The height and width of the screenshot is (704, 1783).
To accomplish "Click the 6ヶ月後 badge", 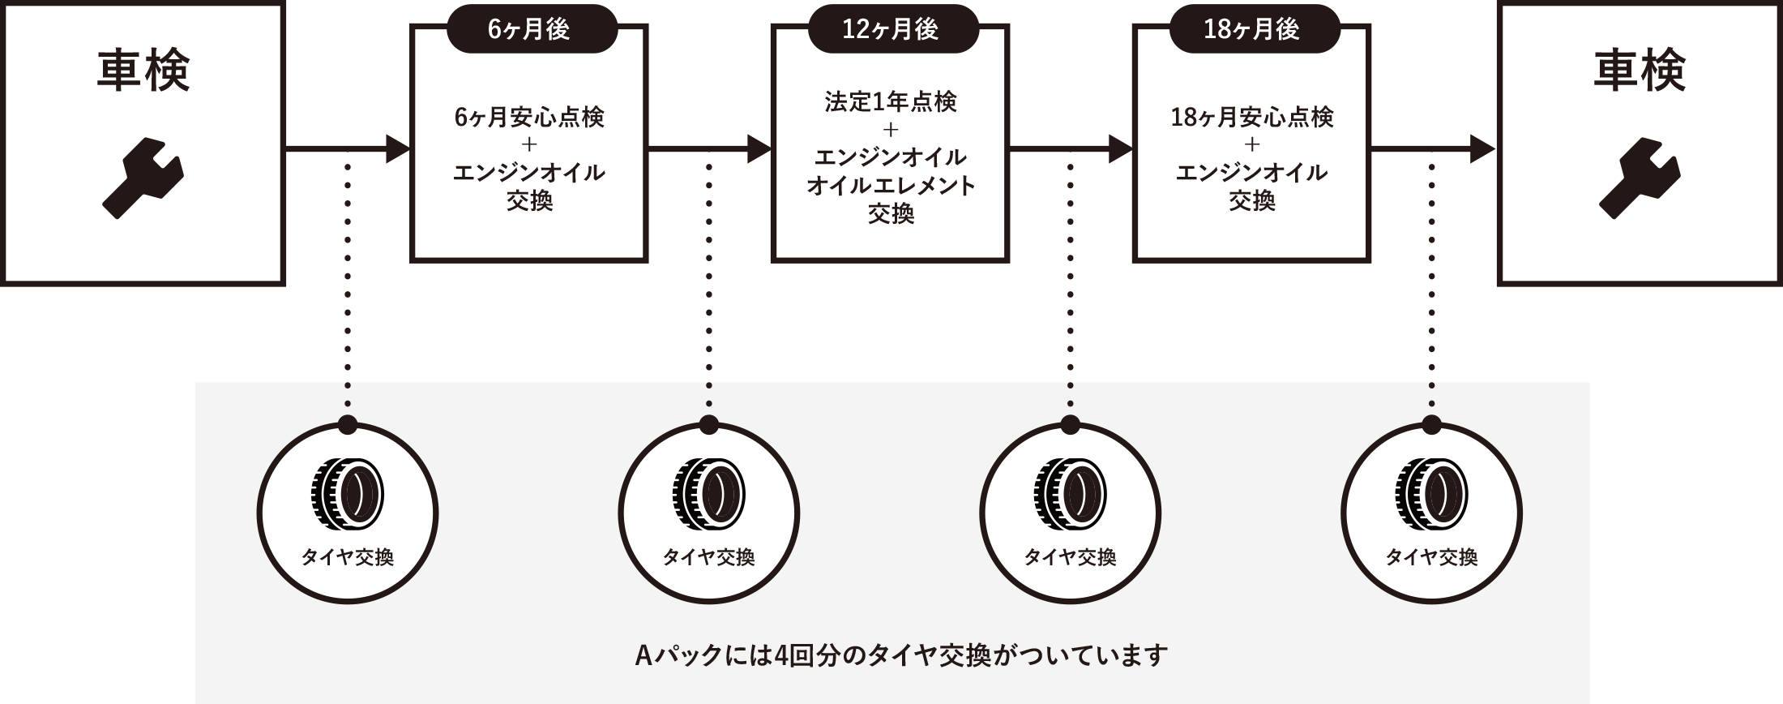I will [x=531, y=30].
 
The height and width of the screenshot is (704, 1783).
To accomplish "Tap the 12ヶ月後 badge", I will [x=891, y=30].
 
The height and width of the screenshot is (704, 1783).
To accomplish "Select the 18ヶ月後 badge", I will [x=1253, y=30].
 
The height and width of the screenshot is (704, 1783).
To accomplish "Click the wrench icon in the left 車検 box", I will [x=143, y=178].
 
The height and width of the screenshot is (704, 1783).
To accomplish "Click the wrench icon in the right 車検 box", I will [x=1639, y=178].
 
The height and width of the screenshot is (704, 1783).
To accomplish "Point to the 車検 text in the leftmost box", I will [x=143, y=72].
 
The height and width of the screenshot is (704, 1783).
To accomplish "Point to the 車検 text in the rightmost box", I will [x=1639, y=72].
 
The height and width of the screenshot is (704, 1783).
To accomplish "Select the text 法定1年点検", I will [x=891, y=102].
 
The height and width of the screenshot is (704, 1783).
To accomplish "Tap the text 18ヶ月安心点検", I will [x=1252, y=118].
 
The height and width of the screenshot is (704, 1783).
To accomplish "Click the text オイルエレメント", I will [x=891, y=186].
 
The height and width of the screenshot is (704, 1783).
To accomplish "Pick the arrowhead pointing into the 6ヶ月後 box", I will [x=398, y=148].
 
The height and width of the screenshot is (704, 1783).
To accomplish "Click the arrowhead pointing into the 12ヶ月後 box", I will [x=759, y=148].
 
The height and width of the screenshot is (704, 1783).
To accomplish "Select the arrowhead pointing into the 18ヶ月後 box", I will [x=1121, y=148].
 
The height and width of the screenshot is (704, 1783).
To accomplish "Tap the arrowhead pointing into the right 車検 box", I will [x=1482, y=148].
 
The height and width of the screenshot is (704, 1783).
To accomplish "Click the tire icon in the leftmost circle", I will [x=348, y=493].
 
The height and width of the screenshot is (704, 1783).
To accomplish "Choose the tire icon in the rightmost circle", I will [x=1431, y=493].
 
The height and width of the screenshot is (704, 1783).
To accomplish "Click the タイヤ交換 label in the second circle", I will [x=708, y=557].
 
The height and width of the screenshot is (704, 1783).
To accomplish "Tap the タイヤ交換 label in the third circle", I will [x=1070, y=557].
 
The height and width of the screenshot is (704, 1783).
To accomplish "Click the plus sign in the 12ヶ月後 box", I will [x=891, y=130].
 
